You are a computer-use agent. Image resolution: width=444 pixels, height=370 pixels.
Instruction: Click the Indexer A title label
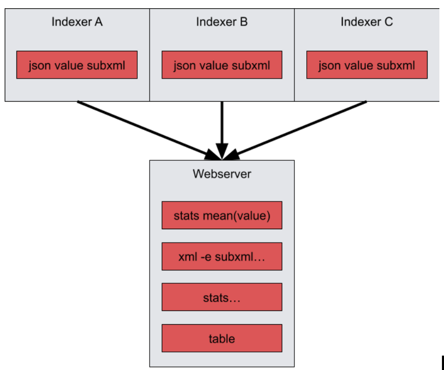coord(77,22)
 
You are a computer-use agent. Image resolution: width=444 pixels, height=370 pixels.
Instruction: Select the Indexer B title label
coord(221,22)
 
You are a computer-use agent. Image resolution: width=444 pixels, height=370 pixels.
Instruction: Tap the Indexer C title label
coord(366,22)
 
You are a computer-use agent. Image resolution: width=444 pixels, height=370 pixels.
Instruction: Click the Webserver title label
coord(222,174)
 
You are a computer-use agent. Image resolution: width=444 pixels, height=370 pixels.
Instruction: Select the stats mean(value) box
coord(222,215)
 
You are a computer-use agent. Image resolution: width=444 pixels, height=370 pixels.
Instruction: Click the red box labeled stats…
coord(222,297)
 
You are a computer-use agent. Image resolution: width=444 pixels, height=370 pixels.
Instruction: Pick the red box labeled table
coord(222,338)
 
